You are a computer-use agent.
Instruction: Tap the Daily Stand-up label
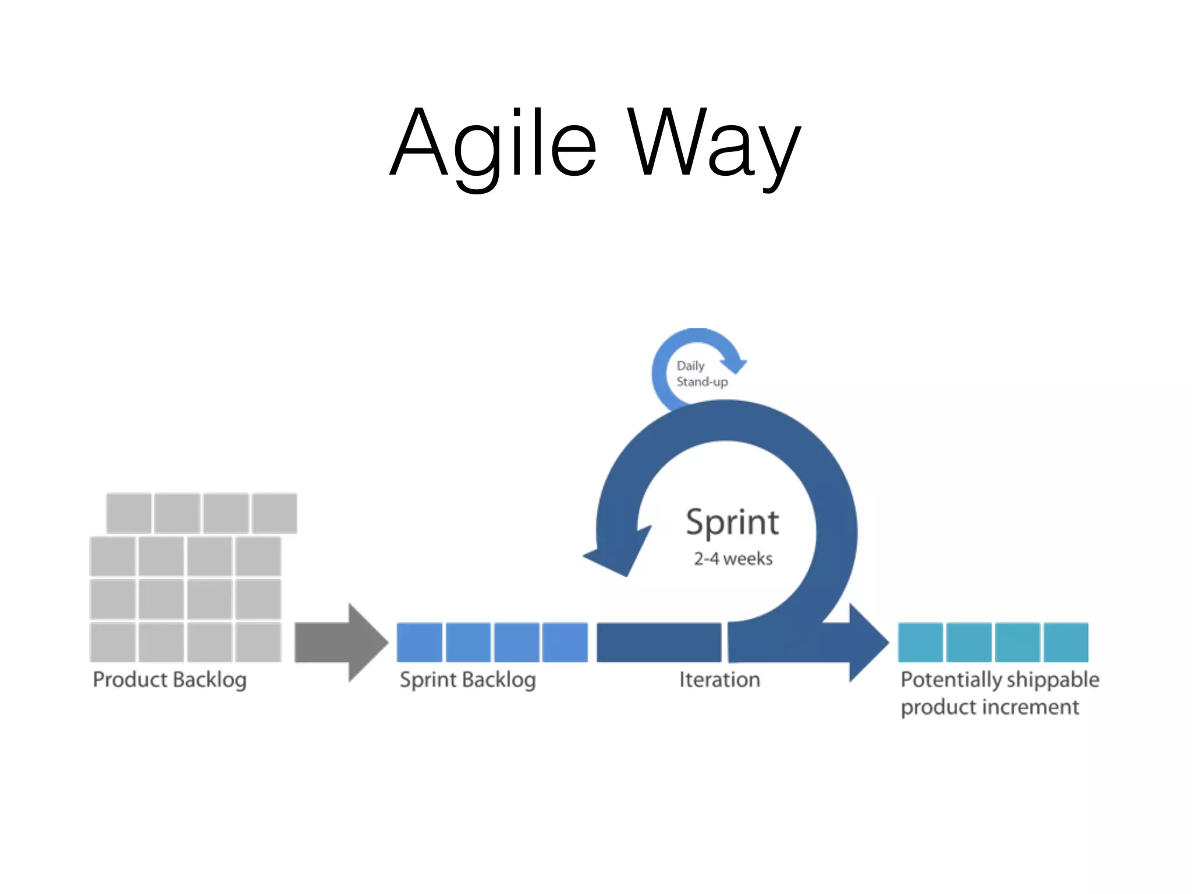point(701,374)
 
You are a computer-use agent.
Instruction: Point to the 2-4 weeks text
point(733,559)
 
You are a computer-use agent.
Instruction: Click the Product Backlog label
point(169,679)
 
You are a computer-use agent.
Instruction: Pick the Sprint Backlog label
point(467,679)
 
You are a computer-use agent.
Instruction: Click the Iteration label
point(719,679)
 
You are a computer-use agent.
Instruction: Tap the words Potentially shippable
point(999,679)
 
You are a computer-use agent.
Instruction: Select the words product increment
point(989,707)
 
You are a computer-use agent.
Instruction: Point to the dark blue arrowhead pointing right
point(867,642)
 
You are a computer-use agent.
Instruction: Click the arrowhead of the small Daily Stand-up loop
point(735,364)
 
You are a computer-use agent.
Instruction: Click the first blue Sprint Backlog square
point(419,642)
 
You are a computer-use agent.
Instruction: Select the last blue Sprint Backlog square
point(565,642)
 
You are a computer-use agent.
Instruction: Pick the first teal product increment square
point(920,642)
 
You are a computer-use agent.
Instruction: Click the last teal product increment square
point(1066,642)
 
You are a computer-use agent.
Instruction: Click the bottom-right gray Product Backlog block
point(258,642)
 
